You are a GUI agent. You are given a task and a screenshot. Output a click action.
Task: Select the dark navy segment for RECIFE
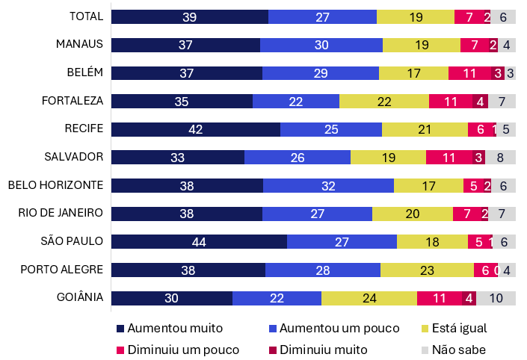point(196,129)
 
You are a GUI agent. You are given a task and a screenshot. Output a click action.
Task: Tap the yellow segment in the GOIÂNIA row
point(369,298)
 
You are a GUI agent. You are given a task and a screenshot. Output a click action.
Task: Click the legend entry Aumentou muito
point(169,328)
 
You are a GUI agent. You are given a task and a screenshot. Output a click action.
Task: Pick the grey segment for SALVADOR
point(500,157)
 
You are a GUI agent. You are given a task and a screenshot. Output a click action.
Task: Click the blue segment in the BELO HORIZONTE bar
point(328,185)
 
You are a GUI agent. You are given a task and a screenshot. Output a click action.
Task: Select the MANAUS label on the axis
point(79,44)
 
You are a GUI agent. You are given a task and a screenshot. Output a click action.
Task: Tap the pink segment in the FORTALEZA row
point(450,101)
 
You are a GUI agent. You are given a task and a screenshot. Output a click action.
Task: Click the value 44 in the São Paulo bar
point(199,241)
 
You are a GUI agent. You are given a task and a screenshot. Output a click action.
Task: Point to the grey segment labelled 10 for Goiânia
point(496,298)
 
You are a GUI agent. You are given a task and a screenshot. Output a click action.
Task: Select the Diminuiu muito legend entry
point(316,349)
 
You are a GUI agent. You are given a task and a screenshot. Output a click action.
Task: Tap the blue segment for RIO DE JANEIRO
point(317,214)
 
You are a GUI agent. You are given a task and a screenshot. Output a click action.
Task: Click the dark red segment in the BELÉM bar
point(497,73)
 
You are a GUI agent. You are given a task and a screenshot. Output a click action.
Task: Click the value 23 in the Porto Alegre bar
point(427,270)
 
